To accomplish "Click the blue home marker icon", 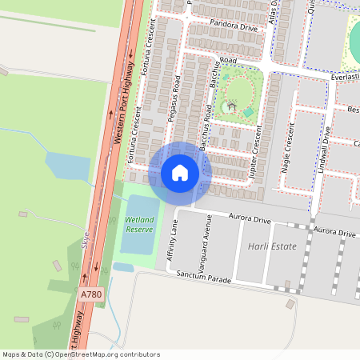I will click(x=180, y=173).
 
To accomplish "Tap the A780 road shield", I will click(x=92, y=295).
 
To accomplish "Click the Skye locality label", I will click(x=86, y=238).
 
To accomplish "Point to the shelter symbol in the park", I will click(x=232, y=106).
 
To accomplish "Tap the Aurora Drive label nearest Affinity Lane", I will click(x=250, y=218).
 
